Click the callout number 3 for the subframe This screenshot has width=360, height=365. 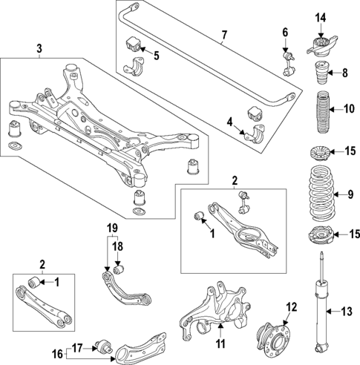coord(39,50)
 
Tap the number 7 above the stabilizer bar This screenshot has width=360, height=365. coord(223,35)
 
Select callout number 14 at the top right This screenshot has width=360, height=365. coord(320,18)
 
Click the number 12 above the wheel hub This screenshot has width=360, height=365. coord(291,306)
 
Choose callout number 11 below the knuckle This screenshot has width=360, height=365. coord(220,343)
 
